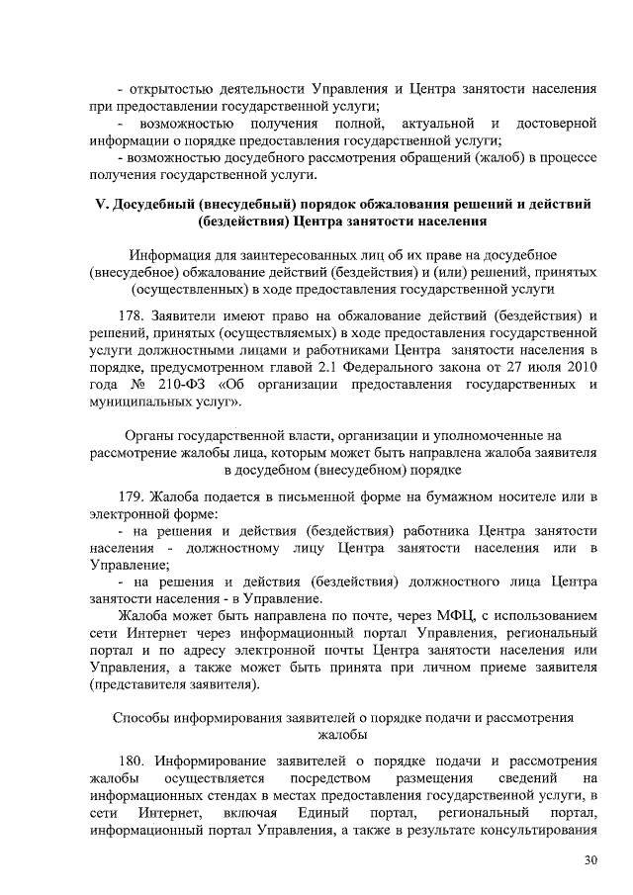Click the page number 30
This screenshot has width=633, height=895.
click(590, 860)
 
